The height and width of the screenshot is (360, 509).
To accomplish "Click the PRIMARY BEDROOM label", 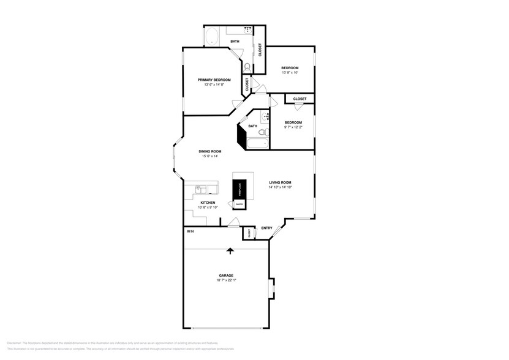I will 214,80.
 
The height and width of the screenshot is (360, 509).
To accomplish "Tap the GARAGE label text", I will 226,276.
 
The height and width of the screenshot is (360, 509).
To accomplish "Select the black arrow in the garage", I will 230,250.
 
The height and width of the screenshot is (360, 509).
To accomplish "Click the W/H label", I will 190,231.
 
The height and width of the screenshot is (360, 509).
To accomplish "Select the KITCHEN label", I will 208,203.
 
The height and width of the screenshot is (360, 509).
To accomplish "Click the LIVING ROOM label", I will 280,182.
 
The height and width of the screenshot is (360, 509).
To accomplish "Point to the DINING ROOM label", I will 209,151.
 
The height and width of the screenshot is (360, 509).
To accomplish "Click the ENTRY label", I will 266,228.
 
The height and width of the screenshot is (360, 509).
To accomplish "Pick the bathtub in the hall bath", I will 257,145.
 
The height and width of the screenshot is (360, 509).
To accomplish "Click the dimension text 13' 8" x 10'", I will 289,73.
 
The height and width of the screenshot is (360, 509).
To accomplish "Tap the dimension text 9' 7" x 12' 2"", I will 293,128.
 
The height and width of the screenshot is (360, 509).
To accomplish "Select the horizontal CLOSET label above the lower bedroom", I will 300,99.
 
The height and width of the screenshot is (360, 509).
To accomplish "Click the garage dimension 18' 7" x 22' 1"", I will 226,281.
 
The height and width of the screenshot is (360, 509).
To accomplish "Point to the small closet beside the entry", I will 249,233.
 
